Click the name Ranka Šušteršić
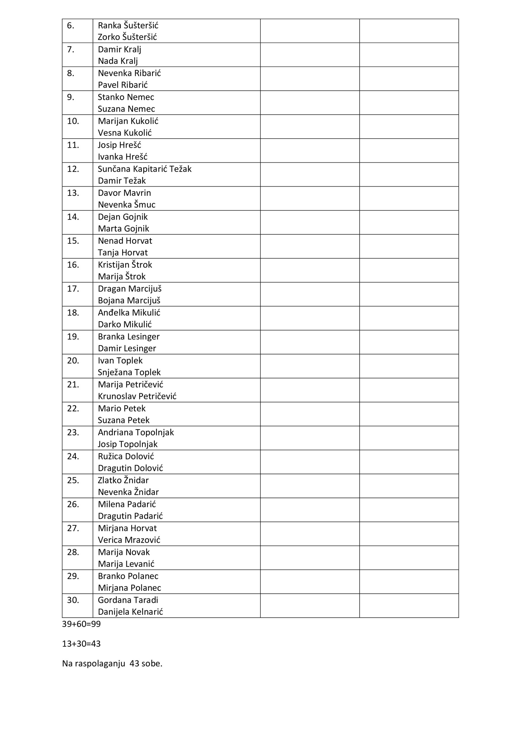128,25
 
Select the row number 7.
70,50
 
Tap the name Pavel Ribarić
123,85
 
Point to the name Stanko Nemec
126,97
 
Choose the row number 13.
73,193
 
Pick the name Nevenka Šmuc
126,204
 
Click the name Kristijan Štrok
125,265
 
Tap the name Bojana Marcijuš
129,301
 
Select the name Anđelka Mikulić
129,313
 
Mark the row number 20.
73,360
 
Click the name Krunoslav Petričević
137,396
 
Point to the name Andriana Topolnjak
136,432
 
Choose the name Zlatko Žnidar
123,480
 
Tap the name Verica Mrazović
129,540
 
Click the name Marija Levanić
126,564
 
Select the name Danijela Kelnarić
130,611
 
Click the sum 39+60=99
81,624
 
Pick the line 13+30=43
81,644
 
